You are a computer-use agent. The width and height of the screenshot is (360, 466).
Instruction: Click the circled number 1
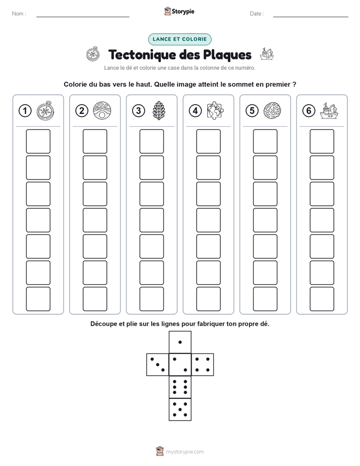[x=25, y=111]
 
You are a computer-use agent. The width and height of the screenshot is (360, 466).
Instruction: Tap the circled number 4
[x=195, y=111]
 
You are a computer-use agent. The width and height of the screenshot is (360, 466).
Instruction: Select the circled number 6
[x=309, y=111]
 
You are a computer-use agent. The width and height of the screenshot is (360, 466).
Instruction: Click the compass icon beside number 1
[x=45, y=111]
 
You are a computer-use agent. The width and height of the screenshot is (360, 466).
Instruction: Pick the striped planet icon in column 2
[x=102, y=111]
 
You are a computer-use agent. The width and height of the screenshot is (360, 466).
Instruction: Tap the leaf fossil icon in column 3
[x=159, y=111]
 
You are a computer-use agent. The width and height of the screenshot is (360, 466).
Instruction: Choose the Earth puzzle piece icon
[x=215, y=110]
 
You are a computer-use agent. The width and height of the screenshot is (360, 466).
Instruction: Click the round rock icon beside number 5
[x=272, y=111]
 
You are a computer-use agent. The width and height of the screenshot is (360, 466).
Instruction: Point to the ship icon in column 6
[x=329, y=111]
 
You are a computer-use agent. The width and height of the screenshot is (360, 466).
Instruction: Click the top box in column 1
[x=38, y=141]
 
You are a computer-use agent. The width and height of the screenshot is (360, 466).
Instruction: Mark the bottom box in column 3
[x=151, y=299]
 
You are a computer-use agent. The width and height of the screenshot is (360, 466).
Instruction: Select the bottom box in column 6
[x=322, y=299]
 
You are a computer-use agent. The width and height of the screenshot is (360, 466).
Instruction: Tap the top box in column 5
[x=265, y=141]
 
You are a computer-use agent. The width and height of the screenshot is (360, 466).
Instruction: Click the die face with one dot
[x=180, y=342]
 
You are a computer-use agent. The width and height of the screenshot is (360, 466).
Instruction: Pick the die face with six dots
[x=180, y=387]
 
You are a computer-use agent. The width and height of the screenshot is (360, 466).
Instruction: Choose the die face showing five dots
[x=180, y=410]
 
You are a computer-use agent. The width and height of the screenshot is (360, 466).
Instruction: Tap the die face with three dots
[x=158, y=365]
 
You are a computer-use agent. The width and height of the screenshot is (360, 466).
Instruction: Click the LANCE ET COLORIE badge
[x=179, y=39]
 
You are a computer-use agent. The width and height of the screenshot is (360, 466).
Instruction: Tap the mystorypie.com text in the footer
[x=185, y=452]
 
